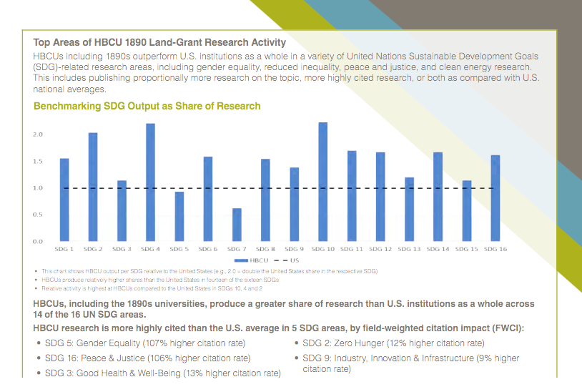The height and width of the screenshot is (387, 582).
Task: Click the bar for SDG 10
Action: (x=322, y=182)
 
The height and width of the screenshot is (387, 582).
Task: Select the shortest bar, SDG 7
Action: (x=237, y=225)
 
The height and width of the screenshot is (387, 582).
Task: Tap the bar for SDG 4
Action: (x=150, y=182)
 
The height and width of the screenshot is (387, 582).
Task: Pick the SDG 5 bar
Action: (x=179, y=216)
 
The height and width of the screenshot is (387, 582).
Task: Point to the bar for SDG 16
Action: (x=495, y=198)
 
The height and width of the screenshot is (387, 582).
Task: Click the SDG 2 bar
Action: (x=93, y=187)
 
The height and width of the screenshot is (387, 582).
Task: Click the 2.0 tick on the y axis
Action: (x=38, y=134)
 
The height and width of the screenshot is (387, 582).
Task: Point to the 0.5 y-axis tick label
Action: (x=38, y=215)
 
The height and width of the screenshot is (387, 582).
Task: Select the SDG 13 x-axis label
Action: (x=409, y=250)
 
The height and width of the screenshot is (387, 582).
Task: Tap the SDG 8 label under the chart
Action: (x=265, y=250)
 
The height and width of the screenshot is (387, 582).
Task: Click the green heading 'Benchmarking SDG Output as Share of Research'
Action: (x=147, y=106)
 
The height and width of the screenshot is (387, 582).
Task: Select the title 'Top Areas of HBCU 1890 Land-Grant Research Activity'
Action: (x=159, y=43)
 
